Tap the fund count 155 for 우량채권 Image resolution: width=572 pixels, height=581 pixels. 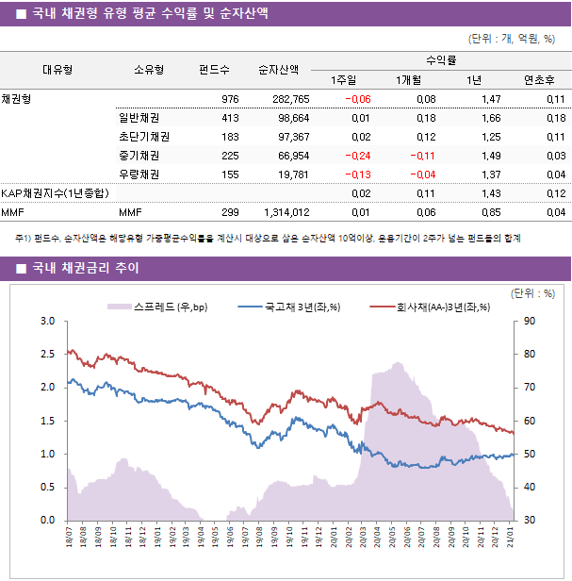click(x=229, y=174)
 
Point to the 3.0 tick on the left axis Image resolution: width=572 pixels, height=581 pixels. click(x=48, y=322)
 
